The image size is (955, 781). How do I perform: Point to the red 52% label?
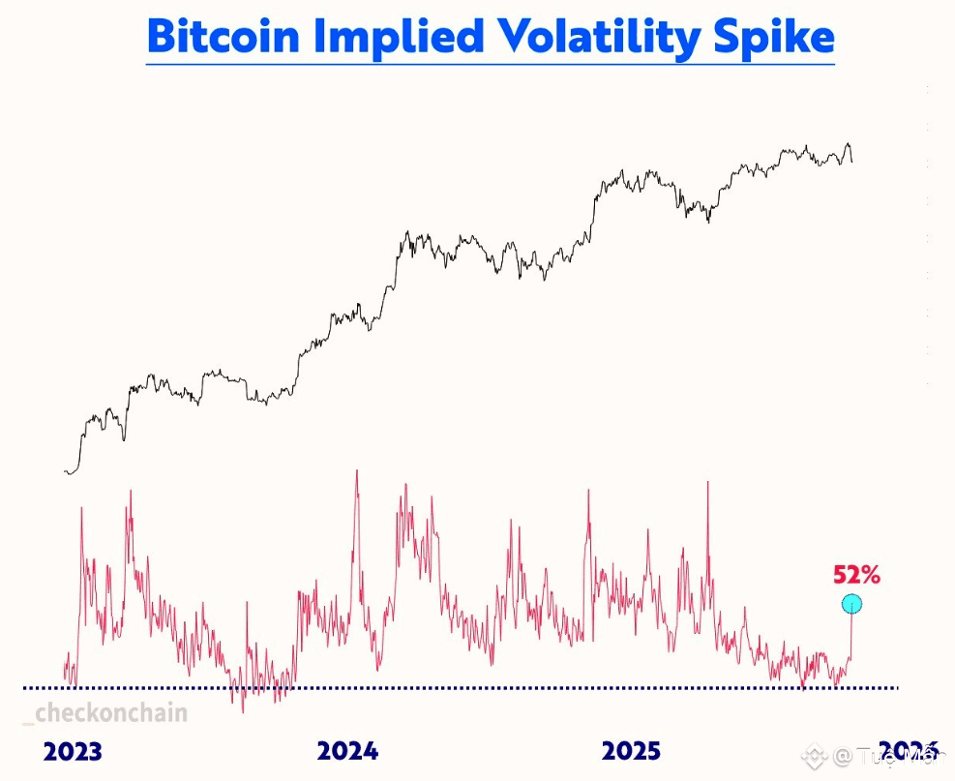coord(856,575)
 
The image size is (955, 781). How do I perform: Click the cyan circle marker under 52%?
coord(851,605)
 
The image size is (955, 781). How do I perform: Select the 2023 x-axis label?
coord(73,751)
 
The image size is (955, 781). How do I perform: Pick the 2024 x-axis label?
coord(348,751)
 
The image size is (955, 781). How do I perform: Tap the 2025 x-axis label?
coord(631,751)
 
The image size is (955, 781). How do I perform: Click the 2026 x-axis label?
coord(910,751)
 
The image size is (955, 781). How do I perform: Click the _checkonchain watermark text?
coord(104,714)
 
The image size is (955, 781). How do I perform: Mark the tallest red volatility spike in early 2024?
coord(357,471)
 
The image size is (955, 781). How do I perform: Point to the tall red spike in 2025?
coord(709,482)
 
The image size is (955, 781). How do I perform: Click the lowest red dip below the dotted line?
coord(243,711)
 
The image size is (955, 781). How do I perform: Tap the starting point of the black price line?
coord(65,472)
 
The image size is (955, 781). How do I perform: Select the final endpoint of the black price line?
coord(852,162)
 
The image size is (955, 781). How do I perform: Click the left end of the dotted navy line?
coord(25,688)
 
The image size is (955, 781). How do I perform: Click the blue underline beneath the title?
coord(490,64)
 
